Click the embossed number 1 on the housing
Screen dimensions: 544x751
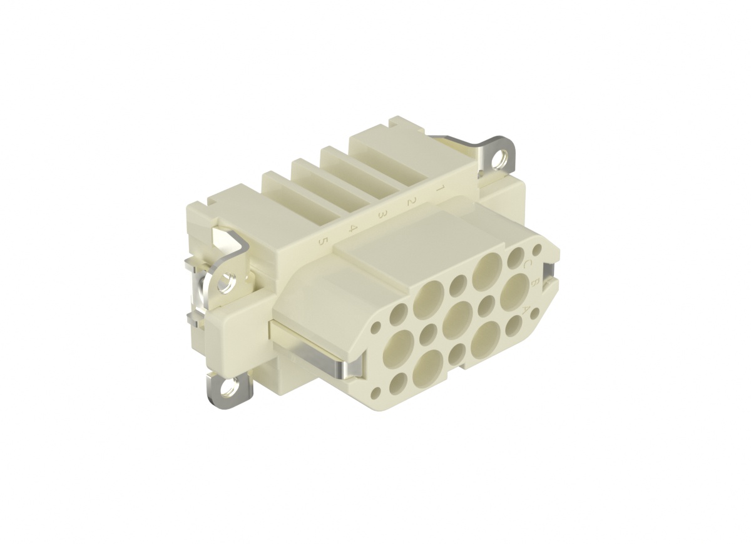coord(440,188)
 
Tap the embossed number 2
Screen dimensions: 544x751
coord(411,201)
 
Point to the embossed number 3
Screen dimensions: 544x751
coord(382,214)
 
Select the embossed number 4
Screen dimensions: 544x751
coord(353,228)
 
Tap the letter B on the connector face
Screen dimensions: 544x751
coord(535,283)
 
